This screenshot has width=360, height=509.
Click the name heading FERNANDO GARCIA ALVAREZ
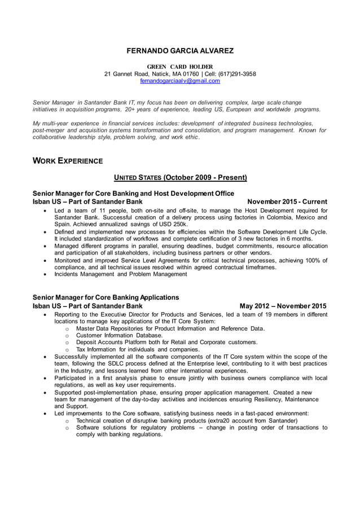click(179, 51)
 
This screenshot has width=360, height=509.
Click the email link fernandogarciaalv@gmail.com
click(179, 81)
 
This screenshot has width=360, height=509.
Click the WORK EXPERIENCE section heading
click(68, 161)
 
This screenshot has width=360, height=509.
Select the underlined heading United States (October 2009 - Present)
click(180, 178)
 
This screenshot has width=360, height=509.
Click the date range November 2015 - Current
click(287, 201)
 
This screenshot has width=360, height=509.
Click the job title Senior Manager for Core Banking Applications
click(106, 297)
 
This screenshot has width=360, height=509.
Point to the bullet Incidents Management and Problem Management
click(120, 274)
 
